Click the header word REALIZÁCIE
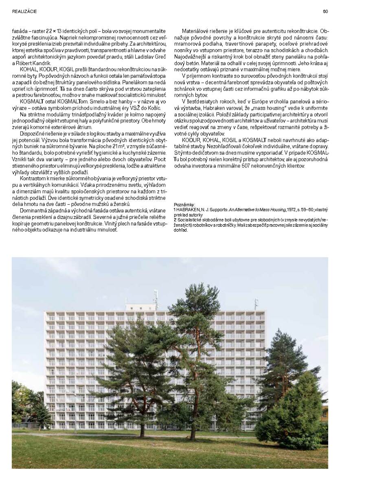pyautogui.click(x=24, y=11)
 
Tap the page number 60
pyautogui.click(x=325, y=11)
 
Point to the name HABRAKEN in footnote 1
pyautogui.click(x=188, y=209)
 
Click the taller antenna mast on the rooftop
pyautogui.click(x=155, y=298)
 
